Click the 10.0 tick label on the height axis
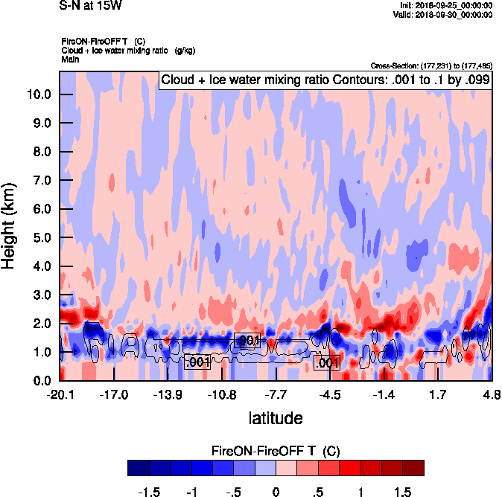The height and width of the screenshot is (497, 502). [39, 94]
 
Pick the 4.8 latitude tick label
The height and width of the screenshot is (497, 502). [491, 394]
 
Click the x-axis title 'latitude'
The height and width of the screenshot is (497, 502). [276, 417]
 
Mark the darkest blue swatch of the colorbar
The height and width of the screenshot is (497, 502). [138, 468]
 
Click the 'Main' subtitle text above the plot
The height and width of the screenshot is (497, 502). [71, 58]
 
